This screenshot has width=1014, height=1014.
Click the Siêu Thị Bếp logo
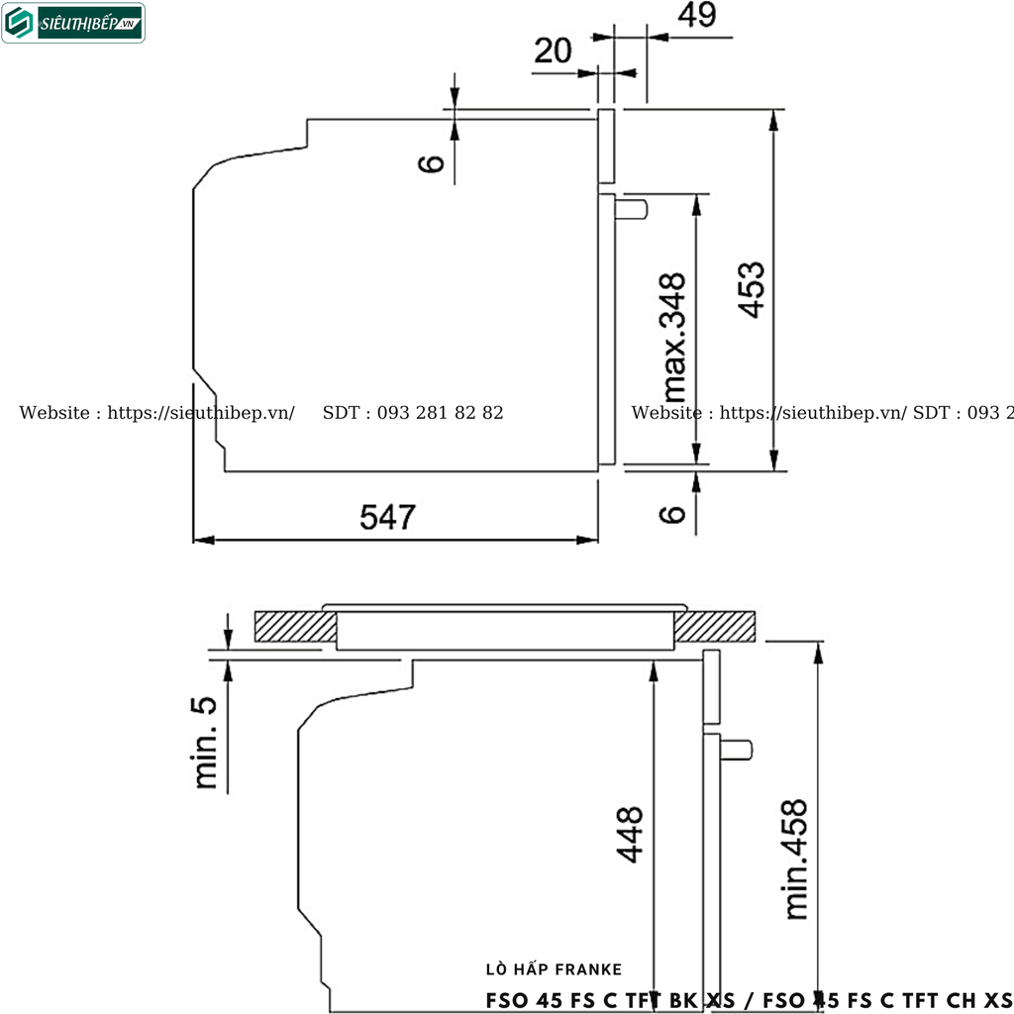pos(74,23)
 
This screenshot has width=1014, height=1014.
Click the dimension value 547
pos(388,517)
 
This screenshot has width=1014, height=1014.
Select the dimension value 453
pos(752,289)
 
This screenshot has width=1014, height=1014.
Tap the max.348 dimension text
pos(674,335)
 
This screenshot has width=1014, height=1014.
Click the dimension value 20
pos(553,51)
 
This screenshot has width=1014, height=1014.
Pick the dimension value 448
pos(631,834)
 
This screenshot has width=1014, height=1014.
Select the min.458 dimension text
pos(795,860)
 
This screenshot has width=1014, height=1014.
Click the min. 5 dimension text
pos(205,742)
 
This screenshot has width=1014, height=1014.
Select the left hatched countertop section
pos(293,627)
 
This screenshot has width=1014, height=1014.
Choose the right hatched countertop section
pos(717,627)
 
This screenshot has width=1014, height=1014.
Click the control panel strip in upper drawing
pos(606,147)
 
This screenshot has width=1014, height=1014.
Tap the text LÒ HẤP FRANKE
pos(555,969)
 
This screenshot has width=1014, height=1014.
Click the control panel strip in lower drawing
pos(712,688)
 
